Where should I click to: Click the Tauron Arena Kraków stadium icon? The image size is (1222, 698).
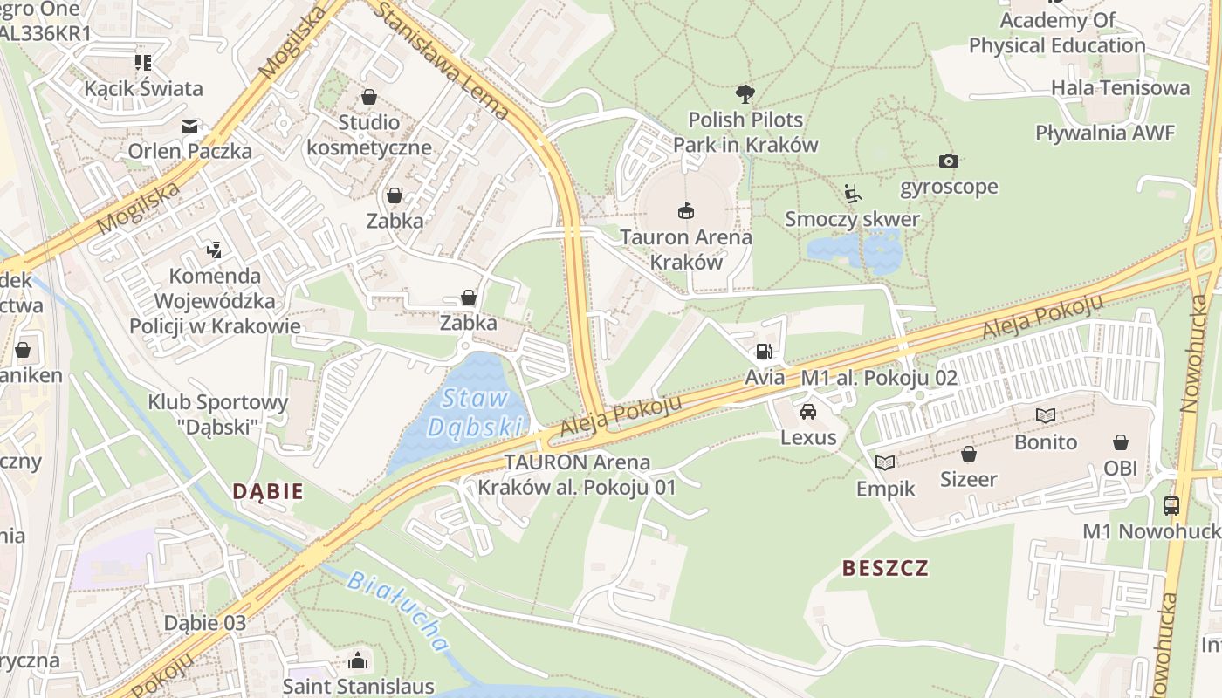pos(686,210)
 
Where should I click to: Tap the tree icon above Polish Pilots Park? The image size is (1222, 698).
pos(745,93)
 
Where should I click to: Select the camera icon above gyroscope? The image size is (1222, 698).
pos(949,161)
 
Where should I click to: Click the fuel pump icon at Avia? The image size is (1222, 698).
pos(764,352)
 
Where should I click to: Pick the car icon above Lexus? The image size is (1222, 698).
pos(808,411)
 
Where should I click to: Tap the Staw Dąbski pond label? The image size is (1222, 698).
pos(475,413)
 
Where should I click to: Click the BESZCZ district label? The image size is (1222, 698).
pos(885,569)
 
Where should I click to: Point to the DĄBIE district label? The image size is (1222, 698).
pos(268,491)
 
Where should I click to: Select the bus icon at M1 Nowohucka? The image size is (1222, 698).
pos(1171,505)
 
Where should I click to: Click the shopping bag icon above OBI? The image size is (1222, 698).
pos(1120,442)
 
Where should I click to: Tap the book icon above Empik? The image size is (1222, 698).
pos(885,462)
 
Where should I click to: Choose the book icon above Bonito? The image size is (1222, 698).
pos(1046,415)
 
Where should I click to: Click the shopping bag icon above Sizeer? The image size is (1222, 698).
pos(968,454)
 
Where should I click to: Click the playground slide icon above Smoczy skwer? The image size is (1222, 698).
pos(853,194)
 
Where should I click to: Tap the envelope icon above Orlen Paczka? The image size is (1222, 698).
pos(189,127)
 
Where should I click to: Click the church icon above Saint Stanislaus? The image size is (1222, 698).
pos(358,660)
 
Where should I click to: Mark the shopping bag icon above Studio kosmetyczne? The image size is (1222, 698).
pos(369,96)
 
